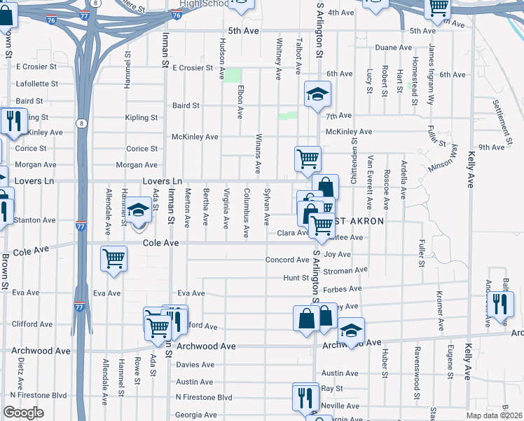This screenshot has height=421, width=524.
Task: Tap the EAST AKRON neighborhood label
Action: (x=358, y=221)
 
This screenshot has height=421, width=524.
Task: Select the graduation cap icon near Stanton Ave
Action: (x=138, y=210)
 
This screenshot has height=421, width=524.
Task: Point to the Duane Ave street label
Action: (x=393, y=48)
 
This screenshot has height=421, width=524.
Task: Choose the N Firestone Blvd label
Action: (x=203, y=398)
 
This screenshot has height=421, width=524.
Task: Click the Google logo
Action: (x=23, y=413)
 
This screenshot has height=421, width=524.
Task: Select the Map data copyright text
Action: (x=495, y=415)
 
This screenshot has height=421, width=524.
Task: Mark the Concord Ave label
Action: (x=287, y=260)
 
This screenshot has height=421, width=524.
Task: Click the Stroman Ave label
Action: (x=346, y=269)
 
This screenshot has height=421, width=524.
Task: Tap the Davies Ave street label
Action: (x=195, y=365)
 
